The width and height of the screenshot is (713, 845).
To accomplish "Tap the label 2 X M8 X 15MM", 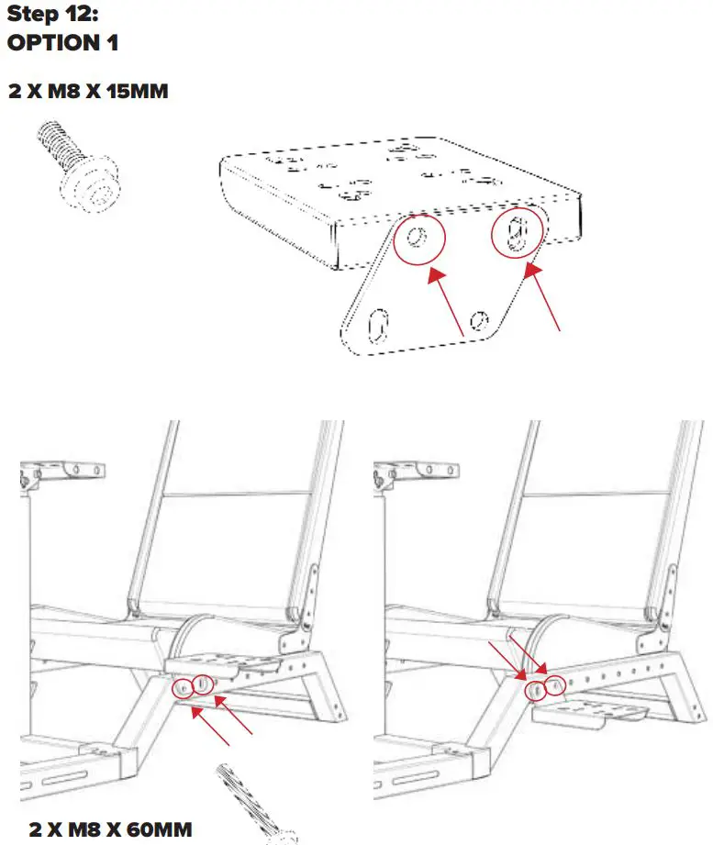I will [88, 92].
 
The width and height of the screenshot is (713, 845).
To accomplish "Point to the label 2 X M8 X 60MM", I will [110, 829].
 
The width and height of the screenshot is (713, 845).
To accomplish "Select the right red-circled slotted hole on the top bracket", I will [516, 233].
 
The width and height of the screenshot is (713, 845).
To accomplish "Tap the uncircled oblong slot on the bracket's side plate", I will [377, 325].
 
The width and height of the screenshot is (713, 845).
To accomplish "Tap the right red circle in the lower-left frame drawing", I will [203, 684].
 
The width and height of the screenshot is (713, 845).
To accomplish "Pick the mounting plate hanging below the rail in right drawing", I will [591, 711].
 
